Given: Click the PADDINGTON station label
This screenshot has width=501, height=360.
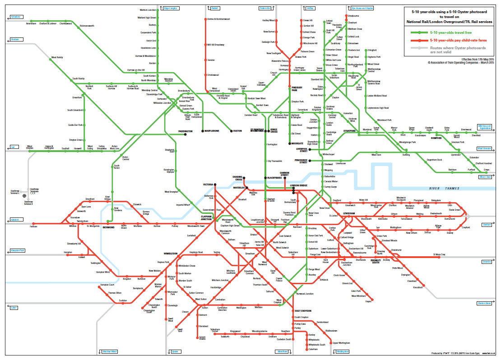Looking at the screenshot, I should pos(185,131).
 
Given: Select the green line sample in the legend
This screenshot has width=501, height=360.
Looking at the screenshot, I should pos(419,32).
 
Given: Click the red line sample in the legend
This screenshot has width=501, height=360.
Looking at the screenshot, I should pos(419,40).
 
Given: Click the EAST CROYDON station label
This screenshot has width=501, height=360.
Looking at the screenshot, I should pos(303,311).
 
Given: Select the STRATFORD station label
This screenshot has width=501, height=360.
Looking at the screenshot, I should pos(350,131).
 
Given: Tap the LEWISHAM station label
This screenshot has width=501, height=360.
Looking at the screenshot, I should pos(350,213).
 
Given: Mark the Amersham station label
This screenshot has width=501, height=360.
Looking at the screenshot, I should pos(31,23).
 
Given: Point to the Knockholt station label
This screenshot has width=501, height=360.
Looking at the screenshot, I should pos(417,287).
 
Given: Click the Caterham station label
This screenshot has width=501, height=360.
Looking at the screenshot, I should pos(313,349).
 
